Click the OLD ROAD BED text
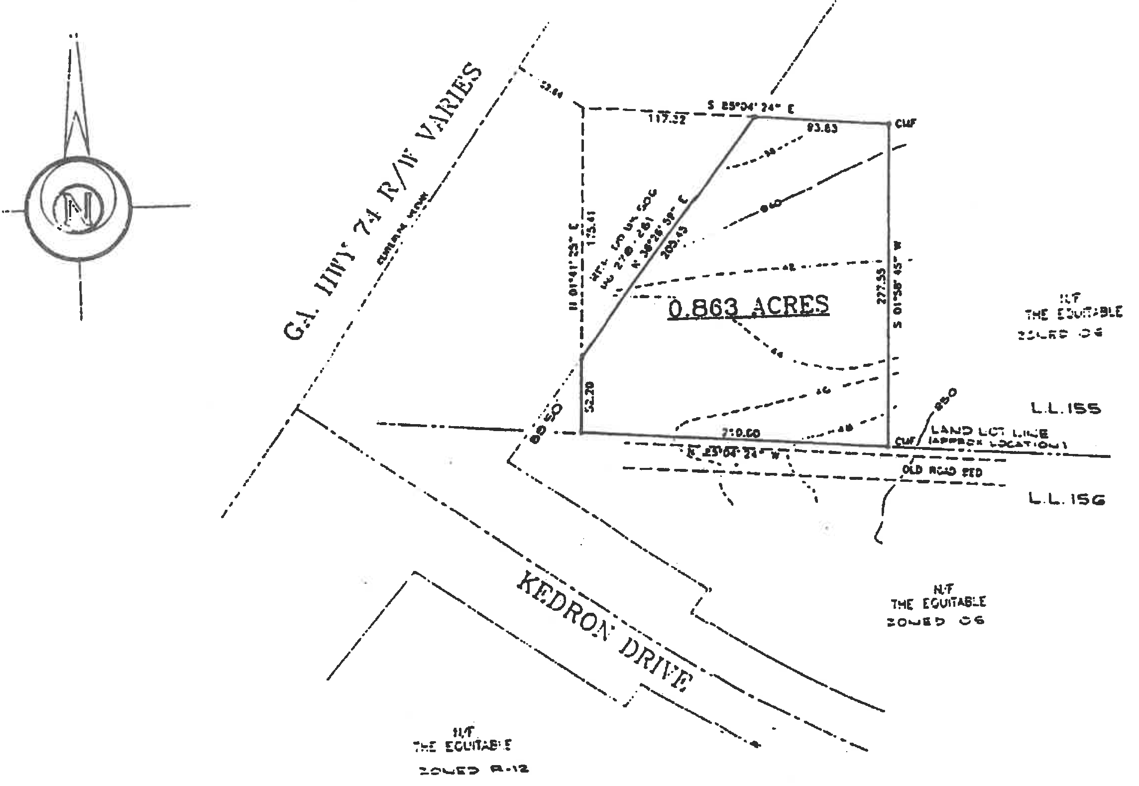[942, 471]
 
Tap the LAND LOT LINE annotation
[991, 433]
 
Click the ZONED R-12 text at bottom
[472, 770]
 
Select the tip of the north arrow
[76, 36]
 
